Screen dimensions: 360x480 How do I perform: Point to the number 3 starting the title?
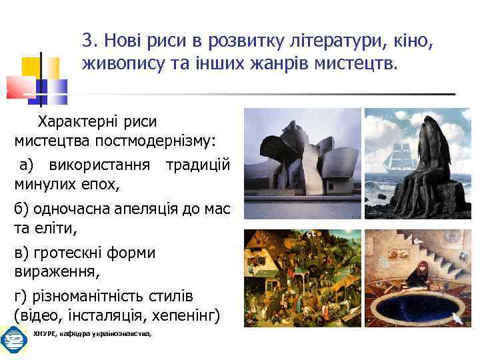(87, 41)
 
